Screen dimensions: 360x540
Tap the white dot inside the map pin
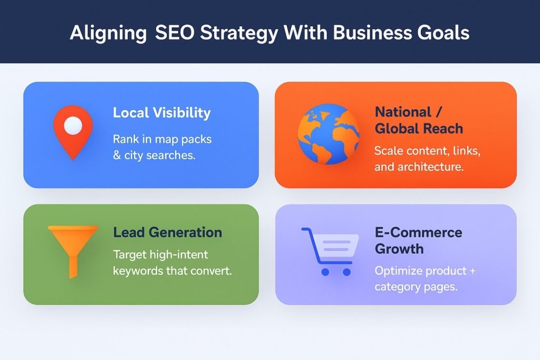[x=73, y=125]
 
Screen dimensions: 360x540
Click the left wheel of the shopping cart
[x=325, y=272]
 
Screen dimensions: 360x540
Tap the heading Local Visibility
[x=161, y=113]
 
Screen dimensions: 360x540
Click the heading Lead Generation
[x=168, y=232]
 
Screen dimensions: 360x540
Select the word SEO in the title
[x=175, y=33]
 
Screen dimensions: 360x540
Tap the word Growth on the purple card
[x=399, y=249]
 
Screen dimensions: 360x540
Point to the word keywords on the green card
[x=139, y=272]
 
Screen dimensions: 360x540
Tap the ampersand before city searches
[x=117, y=156]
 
